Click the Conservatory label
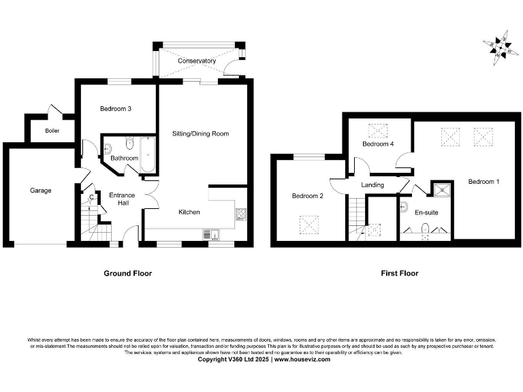(197, 61)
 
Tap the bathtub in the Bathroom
(148, 155)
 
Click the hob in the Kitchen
(240, 215)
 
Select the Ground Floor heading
(127, 274)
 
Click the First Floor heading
(399, 274)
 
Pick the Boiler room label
(52, 131)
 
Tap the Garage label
(40, 191)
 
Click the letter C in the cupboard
(91, 198)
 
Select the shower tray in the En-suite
(443, 190)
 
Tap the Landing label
(373, 184)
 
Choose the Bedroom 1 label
(484, 182)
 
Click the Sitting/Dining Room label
(200, 134)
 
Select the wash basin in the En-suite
(404, 206)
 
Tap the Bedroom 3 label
(115, 109)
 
